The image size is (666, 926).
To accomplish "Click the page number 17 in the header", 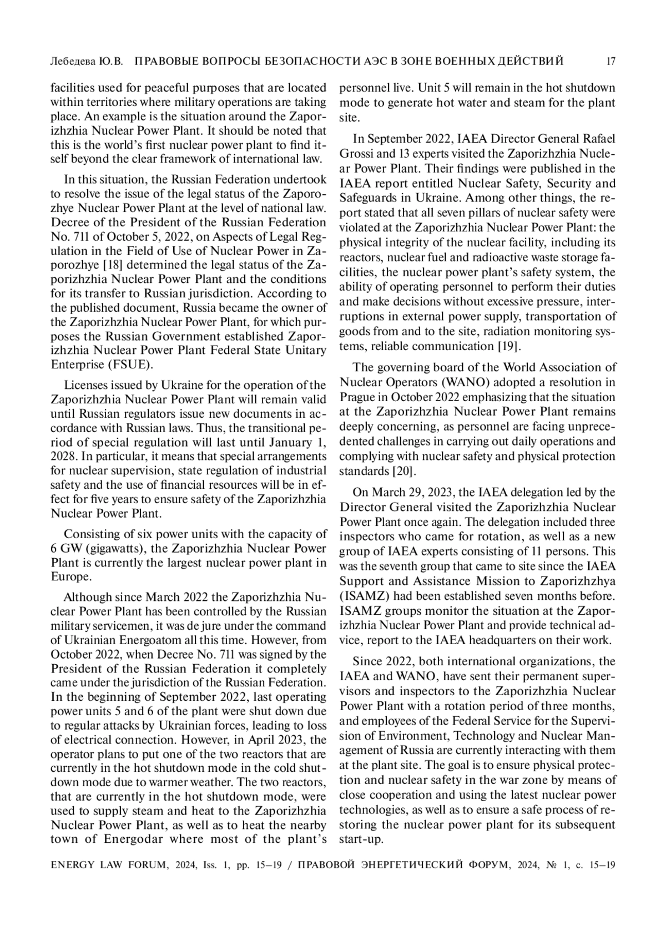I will point(610,61).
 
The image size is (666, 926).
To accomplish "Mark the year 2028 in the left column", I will point(63,457).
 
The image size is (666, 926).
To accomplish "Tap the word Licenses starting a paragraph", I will point(84,385).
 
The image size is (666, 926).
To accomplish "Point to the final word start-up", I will point(361,839).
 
